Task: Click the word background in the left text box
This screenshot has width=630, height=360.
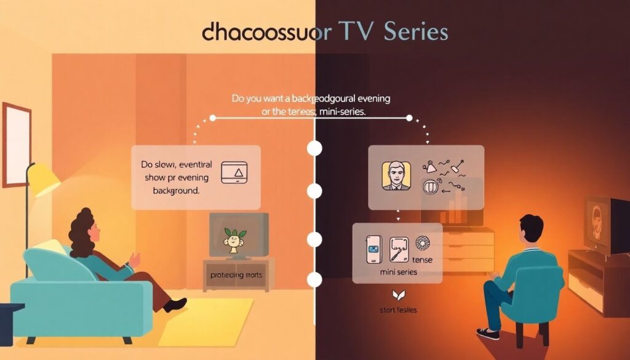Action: click(176, 191)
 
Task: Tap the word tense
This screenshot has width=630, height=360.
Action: click(423, 260)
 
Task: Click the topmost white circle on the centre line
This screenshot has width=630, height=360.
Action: click(315, 148)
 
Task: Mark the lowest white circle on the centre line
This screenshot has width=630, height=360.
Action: click(315, 280)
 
